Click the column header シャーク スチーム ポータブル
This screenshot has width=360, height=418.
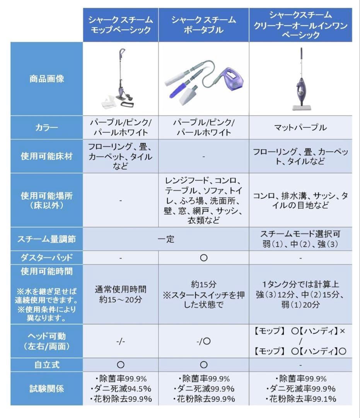click(203, 24)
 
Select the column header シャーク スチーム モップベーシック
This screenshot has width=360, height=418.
click(120, 24)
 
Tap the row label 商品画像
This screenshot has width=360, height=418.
click(46, 79)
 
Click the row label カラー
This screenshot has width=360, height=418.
click(46, 127)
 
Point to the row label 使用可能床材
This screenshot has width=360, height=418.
click(46, 156)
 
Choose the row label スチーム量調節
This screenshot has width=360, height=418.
click(46, 239)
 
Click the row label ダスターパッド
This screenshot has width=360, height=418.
click(46, 257)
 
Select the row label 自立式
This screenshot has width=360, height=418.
click(46, 365)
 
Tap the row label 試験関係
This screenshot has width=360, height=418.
click(46, 389)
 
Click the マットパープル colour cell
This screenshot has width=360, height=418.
click(300, 127)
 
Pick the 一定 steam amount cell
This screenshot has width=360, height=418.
click(166, 239)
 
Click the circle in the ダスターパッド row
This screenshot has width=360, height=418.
click(204, 257)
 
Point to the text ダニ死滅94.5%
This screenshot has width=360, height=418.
click(121, 389)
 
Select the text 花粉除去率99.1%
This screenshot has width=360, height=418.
click(300, 399)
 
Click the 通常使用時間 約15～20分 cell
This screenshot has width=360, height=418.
click(121, 295)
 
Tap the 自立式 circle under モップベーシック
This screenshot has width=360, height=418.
click(121, 365)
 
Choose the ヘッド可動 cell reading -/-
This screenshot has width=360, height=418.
click(121, 341)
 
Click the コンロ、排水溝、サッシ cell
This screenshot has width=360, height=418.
click(300, 200)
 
